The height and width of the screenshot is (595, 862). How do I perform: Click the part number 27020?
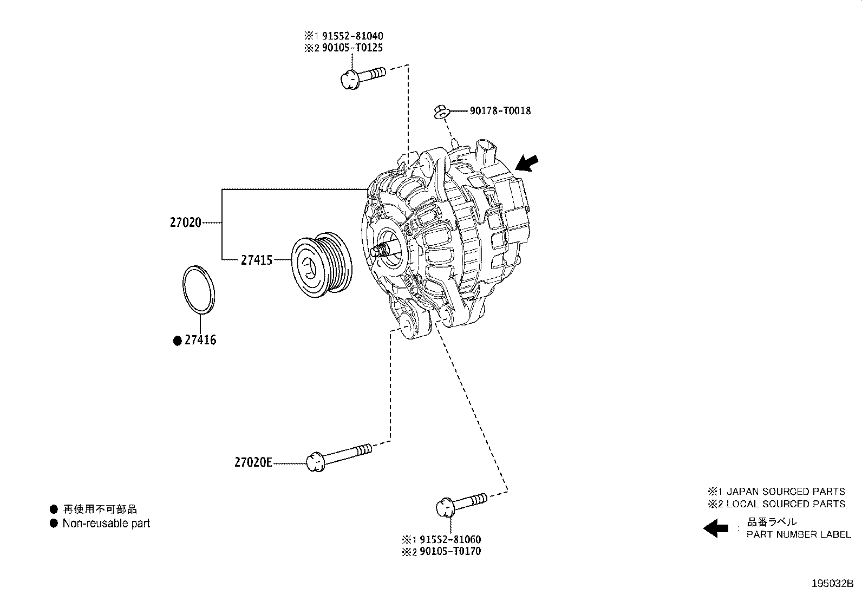185,223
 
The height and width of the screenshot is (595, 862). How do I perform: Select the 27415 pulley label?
257,260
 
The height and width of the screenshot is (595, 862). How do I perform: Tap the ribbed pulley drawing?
322,266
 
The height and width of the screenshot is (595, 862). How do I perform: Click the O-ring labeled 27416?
197,289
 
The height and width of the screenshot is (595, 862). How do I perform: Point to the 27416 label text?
200,341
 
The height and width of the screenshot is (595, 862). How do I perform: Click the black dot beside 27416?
177,341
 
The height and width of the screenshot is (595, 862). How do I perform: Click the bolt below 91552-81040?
362,76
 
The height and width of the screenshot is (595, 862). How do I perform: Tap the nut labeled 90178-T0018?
441,112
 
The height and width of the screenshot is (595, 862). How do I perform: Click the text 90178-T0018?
500,111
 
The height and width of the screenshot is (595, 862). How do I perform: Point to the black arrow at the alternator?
528,162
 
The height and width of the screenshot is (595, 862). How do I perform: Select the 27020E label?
253,462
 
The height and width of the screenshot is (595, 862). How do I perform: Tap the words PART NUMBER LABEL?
798,535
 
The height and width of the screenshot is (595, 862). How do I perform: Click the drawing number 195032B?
832,584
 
